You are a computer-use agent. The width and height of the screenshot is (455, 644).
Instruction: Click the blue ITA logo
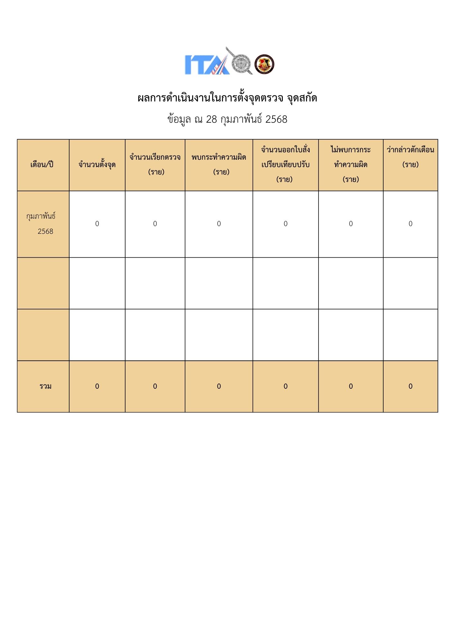tap(206, 64)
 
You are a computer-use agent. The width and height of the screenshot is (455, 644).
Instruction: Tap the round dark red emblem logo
tap(264, 64)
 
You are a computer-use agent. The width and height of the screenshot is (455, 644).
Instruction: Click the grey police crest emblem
tap(241, 63)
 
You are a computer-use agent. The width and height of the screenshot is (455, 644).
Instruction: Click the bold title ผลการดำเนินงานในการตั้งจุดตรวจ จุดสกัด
tap(227, 98)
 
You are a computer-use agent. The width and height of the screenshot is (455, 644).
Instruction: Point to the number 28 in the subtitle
tap(211, 119)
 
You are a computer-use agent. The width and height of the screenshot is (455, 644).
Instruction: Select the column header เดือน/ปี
tap(42, 165)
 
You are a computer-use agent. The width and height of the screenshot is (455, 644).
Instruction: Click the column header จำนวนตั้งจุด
tap(97, 165)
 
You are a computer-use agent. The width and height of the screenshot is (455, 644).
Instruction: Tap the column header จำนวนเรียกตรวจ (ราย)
tap(155, 165)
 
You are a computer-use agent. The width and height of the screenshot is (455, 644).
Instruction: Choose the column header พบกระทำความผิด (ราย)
tap(219, 165)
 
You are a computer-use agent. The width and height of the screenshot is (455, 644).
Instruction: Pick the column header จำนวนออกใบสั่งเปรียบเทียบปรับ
tap(285, 165)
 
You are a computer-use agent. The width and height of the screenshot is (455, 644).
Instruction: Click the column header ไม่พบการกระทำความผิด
tap(351, 165)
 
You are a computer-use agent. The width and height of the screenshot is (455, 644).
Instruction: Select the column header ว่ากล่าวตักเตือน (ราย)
tap(410, 157)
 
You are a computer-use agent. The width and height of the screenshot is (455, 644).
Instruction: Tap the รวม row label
tap(45, 386)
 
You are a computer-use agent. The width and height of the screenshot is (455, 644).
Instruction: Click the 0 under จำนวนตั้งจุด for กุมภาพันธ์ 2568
tap(97, 224)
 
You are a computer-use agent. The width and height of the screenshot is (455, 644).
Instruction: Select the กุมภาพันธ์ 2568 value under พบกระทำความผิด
tap(219, 224)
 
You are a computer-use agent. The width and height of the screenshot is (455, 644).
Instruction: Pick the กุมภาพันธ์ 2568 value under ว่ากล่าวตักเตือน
tap(410, 224)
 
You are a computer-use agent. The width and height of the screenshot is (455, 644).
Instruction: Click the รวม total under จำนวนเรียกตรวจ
tap(155, 386)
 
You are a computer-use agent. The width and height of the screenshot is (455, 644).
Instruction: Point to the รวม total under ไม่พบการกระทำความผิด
tap(351, 386)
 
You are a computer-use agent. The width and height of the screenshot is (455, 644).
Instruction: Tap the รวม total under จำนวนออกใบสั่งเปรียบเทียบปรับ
tap(285, 386)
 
